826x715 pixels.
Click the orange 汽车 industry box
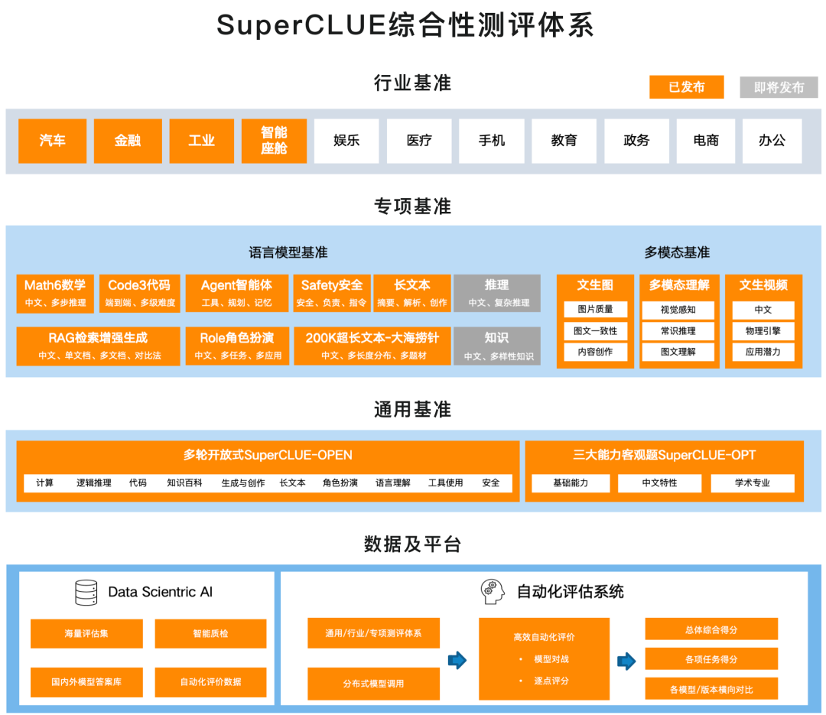[53, 141]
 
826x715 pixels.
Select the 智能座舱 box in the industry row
[274, 141]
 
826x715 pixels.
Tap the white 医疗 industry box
[419, 141]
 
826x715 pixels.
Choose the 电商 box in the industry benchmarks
[706, 141]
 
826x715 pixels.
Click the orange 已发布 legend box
[687, 87]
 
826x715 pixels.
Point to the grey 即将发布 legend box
[779, 87]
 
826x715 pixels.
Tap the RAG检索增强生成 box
[98, 346]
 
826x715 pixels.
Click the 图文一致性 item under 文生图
[595, 331]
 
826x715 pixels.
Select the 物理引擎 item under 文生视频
[763, 331]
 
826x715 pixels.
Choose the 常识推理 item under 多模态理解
[678, 331]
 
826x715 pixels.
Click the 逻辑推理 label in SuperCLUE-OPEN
[94, 483]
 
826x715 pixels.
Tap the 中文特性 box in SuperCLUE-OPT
[659, 483]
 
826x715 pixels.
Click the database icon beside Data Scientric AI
[86, 592]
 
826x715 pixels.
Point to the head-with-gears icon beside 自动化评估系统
[493, 591]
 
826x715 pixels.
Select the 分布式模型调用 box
[373, 684]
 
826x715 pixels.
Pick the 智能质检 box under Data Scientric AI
[210, 634]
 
